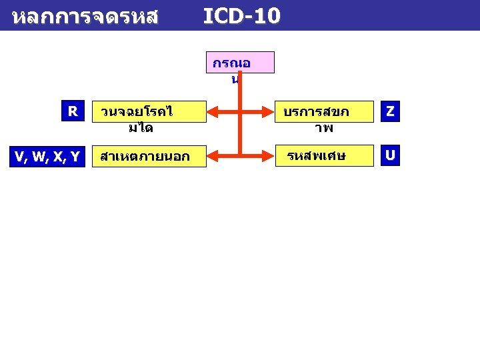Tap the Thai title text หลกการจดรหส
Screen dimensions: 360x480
pyautogui.click(x=85, y=17)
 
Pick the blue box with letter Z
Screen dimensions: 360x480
pyautogui.click(x=390, y=113)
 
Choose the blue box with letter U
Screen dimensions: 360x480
pyautogui.click(x=390, y=156)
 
